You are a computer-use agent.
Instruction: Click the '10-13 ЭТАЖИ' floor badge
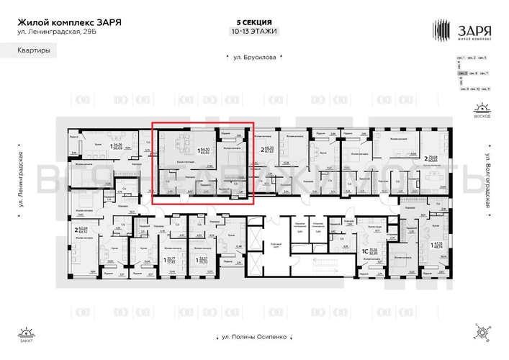pos(254,32)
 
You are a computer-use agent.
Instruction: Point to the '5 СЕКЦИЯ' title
pos(254,22)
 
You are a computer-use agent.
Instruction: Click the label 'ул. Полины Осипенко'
pos(254,336)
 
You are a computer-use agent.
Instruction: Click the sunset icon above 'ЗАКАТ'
pos(27,333)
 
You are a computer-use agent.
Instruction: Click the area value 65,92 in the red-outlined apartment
pos(204,153)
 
